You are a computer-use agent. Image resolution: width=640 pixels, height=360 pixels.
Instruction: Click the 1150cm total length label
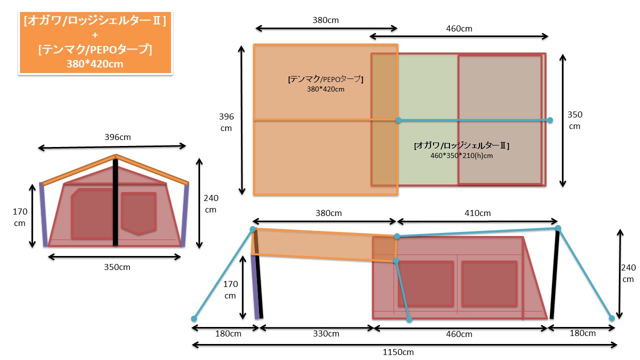tap(398, 352)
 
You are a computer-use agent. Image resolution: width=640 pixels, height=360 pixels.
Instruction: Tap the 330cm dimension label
tap(326, 333)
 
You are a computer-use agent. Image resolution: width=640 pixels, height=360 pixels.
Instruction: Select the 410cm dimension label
tap(477, 213)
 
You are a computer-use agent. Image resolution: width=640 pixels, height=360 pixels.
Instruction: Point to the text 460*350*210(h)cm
tap(461, 155)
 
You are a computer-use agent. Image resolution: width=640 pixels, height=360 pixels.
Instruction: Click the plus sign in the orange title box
tap(95, 35)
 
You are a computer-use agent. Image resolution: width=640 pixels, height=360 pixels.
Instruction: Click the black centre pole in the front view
tap(115, 202)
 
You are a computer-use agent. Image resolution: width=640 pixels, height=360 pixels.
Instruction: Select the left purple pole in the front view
tap(43, 214)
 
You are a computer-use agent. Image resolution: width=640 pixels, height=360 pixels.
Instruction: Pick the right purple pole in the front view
tap(185, 214)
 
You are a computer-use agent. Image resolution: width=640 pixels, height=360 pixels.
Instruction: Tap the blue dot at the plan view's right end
tap(549, 120)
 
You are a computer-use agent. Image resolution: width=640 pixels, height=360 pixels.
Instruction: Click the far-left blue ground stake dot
tap(194, 318)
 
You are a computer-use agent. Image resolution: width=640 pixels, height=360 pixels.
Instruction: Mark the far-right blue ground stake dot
tap(611, 318)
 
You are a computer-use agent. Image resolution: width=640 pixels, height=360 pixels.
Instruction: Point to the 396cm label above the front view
tap(117, 137)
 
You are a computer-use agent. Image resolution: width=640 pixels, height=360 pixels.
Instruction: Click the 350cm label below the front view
tap(117, 267)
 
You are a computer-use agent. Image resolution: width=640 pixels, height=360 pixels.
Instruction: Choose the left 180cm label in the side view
tap(228, 333)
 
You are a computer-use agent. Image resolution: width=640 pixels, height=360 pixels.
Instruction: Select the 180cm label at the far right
tap(582, 333)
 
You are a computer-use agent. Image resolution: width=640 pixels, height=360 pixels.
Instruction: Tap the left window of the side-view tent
tap(425, 283)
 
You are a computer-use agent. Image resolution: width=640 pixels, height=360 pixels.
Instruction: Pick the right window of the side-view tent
tap(489, 283)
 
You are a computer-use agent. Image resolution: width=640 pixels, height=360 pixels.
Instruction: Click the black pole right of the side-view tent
tap(554, 274)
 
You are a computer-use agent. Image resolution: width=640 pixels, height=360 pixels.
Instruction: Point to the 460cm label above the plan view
tap(459, 28)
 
